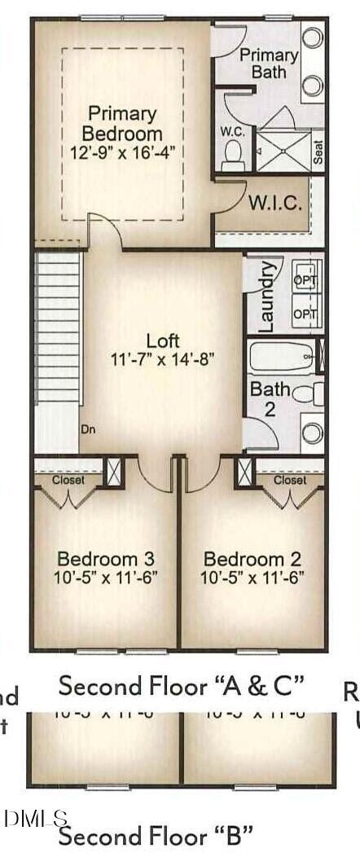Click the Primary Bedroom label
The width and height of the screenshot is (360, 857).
[x=125, y=123]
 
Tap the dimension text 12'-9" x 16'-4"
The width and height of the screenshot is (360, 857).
[x=125, y=151]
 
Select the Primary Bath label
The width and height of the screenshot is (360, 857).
[x=269, y=63]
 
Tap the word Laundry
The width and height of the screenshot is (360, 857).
[x=265, y=296]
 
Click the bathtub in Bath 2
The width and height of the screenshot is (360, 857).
[x=281, y=356]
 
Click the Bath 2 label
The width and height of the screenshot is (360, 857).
[x=270, y=398]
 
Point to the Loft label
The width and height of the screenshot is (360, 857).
[x=162, y=341]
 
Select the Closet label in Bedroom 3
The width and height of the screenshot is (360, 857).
[x=68, y=480]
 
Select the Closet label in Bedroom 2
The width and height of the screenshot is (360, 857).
[x=290, y=480]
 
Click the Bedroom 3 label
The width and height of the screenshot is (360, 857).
[x=107, y=559]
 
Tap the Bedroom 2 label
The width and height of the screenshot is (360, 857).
[x=252, y=559]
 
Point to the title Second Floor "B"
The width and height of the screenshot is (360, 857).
[x=155, y=835]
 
